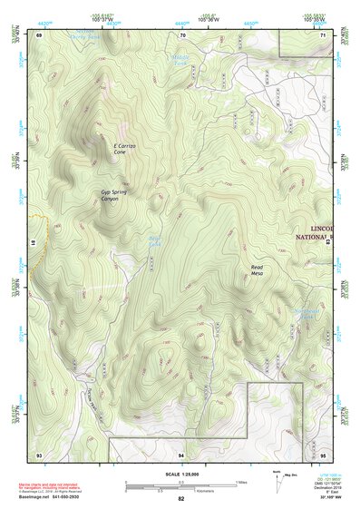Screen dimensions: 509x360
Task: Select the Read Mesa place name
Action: point(263,271)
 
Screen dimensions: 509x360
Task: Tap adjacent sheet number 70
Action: point(182,34)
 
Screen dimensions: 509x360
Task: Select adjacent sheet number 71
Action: point(324,34)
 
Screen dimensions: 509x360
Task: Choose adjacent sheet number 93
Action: point(39,453)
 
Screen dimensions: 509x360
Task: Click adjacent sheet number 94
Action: point(181,453)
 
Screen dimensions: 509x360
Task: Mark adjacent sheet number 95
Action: point(324,453)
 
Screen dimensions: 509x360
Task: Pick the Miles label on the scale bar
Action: point(241,482)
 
